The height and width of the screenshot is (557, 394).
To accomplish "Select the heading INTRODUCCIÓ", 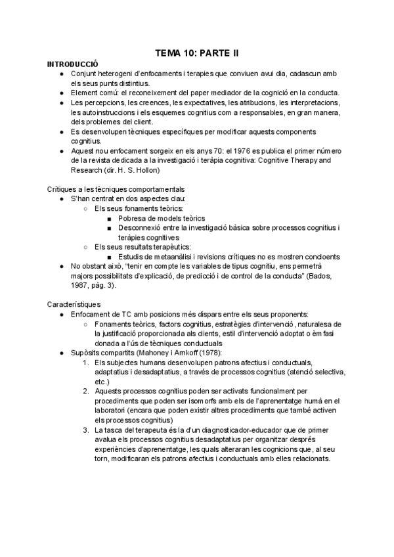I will [72, 64].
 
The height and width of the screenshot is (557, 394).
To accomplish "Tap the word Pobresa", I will [134, 218].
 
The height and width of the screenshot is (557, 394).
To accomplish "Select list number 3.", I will [86, 430].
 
